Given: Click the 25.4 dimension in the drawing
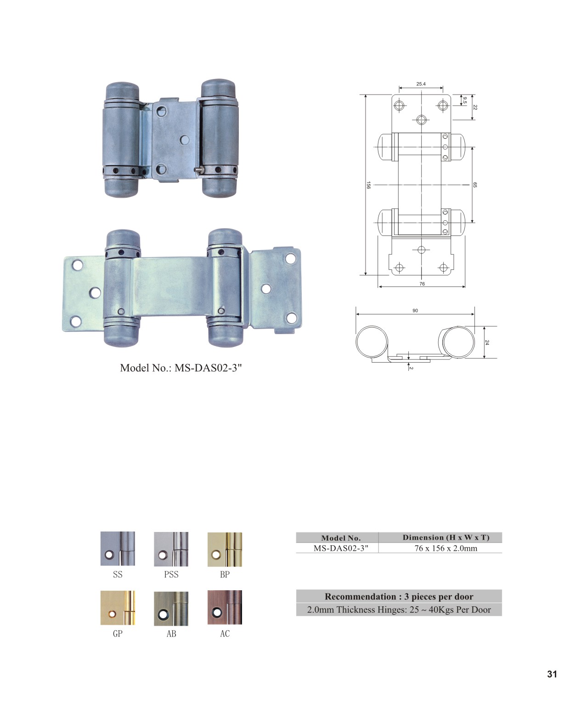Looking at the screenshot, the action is (421, 84).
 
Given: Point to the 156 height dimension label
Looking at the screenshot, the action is (368, 185).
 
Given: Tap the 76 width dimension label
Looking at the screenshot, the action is (422, 284).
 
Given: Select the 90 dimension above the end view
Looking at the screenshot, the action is (415, 310).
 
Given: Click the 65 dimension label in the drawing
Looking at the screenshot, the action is (474, 185).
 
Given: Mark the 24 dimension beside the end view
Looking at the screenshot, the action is (486, 342).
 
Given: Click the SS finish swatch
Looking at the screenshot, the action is (118, 548).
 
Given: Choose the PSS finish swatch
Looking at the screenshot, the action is (171, 549).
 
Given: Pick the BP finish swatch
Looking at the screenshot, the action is (225, 549).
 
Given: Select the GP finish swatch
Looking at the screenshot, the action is (118, 608).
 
